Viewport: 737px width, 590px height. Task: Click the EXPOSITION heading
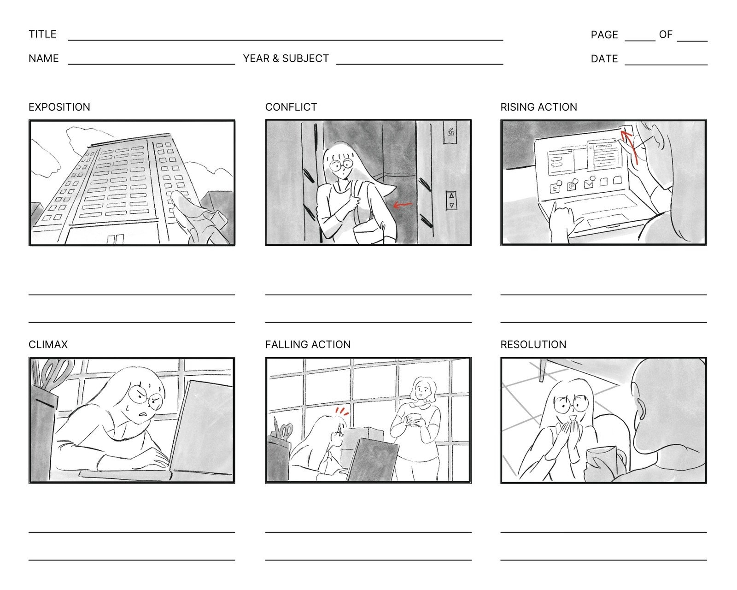click(59, 107)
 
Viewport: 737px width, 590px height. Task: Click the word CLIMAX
click(48, 344)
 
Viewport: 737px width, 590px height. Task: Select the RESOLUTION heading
click(533, 344)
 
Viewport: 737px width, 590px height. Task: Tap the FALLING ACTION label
click(308, 344)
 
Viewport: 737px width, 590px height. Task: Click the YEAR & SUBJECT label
click(286, 59)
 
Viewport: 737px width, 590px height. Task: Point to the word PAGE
click(604, 35)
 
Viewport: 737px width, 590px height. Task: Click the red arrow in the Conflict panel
click(402, 205)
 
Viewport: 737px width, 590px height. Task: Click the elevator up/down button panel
click(451, 201)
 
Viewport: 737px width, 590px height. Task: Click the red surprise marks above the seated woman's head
click(342, 410)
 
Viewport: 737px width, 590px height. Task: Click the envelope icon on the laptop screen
click(589, 184)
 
